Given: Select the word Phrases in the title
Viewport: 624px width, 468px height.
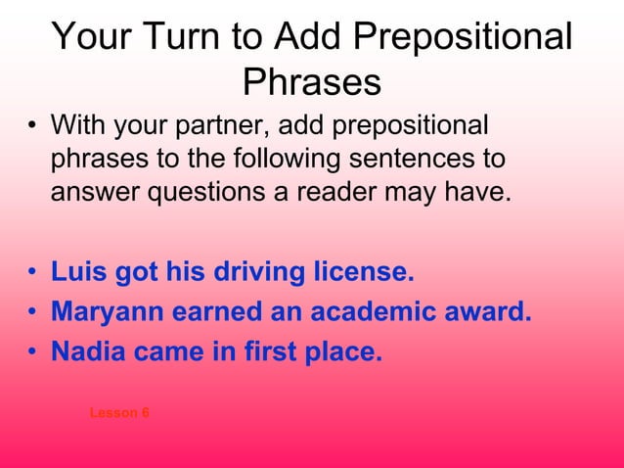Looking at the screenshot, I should (x=311, y=82).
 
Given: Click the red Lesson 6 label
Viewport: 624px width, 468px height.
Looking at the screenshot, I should (x=119, y=413).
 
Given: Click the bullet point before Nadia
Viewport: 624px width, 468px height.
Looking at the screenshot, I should (x=32, y=352).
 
